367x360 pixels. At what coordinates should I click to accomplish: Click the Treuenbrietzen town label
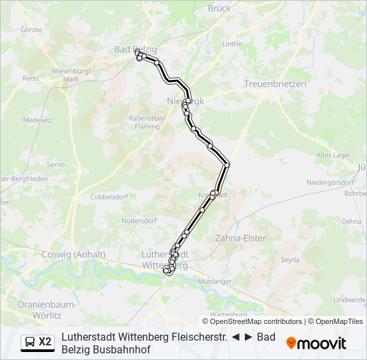(275, 84)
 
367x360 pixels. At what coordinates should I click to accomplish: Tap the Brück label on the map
(219, 8)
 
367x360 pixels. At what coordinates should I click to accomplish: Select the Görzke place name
(31, 29)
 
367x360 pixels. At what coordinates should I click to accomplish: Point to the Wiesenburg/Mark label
(71, 75)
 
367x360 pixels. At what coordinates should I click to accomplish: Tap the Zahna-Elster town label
(240, 238)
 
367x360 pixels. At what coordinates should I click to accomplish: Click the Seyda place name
(290, 259)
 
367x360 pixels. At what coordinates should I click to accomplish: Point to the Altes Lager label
(333, 155)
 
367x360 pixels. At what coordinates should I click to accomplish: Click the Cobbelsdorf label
(109, 197)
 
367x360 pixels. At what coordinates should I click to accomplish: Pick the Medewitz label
(37, 120)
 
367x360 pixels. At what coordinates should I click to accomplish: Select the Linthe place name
(232, 44)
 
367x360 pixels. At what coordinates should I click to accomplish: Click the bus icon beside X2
(30, 342)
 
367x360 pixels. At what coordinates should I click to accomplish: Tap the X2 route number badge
(45, 342)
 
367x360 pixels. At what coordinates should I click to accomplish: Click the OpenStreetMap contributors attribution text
(252, 321)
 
